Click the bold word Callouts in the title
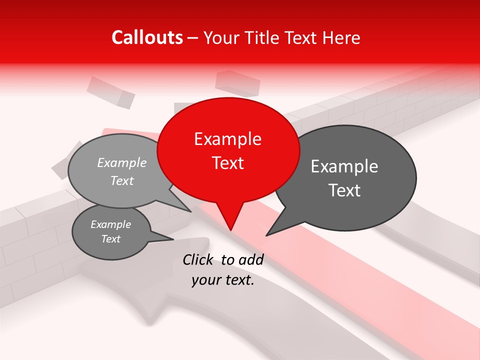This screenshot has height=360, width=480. pos(147,37)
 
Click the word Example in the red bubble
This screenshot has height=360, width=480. pos(227,139)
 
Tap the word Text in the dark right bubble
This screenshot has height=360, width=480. pos(344,190)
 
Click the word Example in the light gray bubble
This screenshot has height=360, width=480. pos(122,163)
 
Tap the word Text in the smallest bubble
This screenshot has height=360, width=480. pos(111,239)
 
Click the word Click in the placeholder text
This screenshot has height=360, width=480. pos(198,259)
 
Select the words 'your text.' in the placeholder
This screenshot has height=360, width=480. pos(223,280)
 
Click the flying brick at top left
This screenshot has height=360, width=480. pos(110,92)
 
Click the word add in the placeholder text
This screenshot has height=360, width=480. pos(251,259)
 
